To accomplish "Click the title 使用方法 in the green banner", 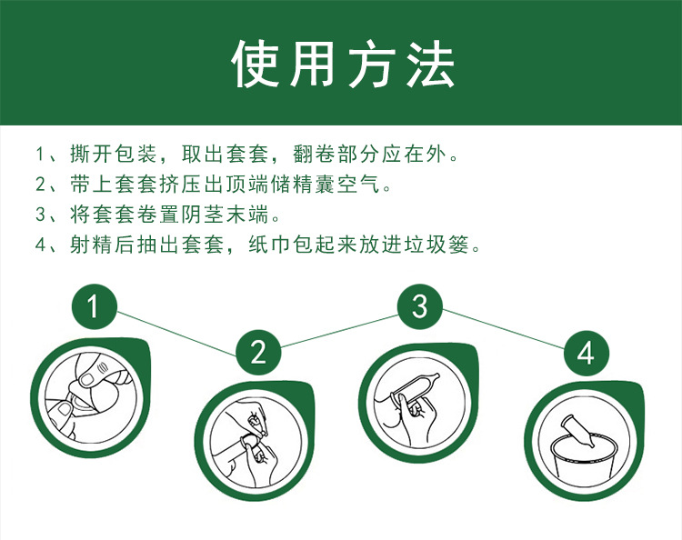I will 341,64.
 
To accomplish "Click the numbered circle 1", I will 93,307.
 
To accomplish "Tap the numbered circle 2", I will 258,351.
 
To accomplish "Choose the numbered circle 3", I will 419,307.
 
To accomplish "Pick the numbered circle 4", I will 586,351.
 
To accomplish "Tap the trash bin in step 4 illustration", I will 582,455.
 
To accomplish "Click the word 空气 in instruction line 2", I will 368,183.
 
